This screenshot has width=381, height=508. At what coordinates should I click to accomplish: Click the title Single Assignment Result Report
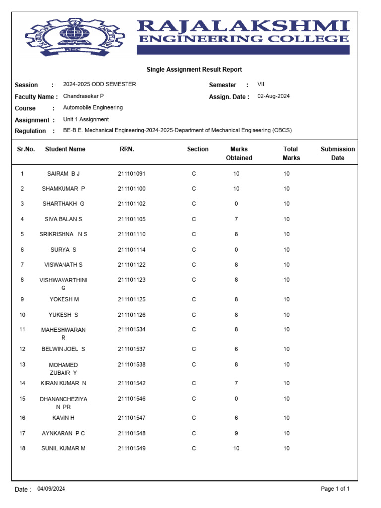pos(194,70)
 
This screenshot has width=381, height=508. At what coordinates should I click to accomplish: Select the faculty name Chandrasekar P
pos(83,96)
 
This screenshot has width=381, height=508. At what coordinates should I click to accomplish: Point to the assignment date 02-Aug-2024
pos(273,96)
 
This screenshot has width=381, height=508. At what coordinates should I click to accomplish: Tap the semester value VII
pos(261,85)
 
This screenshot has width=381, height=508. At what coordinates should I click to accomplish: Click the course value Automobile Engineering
pos(93,108)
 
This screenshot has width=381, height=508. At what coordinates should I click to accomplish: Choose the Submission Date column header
pos(338,153)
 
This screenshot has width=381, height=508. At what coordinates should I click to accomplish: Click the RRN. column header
pos(127,149)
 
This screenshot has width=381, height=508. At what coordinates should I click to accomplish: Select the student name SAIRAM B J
pos(63,174)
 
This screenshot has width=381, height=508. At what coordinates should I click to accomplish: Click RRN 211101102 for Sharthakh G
pos(131,204)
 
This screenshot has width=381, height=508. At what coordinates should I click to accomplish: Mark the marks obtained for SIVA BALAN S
pos(236,219)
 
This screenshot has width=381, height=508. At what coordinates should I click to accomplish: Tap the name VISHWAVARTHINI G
pos(63,284)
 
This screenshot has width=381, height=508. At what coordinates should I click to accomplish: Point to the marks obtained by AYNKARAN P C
pos(236,433)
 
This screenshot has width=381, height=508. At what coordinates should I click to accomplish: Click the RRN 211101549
pos(131,448)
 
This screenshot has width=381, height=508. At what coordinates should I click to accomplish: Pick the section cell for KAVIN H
pos(194,418)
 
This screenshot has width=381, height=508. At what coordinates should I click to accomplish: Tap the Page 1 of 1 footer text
pos(335,489)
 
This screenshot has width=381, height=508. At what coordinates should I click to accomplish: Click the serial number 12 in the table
pos(22,349)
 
